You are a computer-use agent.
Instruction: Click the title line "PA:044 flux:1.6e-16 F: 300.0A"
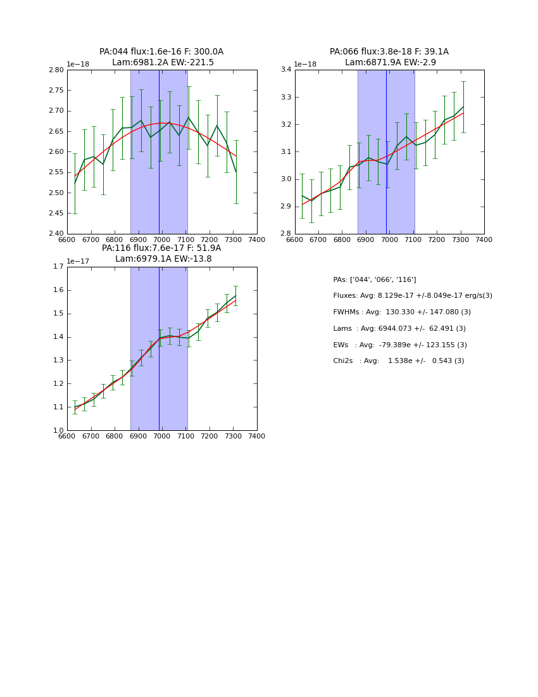(x=161, y=52)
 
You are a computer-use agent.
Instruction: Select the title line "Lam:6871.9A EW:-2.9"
(x=389, y=63)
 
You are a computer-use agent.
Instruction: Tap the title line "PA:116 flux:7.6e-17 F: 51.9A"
(x=161, y=248)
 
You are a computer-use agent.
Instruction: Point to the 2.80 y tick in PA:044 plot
(x=56, y=70)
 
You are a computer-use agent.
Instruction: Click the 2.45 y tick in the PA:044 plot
(x=56, y=213)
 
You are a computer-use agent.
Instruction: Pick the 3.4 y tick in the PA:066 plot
(x=285, y=70)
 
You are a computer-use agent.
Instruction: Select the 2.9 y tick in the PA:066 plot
(x=285, y=207)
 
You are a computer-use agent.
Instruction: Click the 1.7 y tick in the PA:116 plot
(x=58, y=267)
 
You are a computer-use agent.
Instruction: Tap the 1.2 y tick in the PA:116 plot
(x=58, y=384)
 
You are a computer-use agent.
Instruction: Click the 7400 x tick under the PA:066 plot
(x=484, y=240)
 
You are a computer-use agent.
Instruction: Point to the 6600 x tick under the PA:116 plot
(x=67, y=437)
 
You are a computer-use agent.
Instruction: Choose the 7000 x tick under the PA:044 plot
(x=162, y=240)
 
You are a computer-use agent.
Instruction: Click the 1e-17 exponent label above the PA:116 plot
(x=78, y=261)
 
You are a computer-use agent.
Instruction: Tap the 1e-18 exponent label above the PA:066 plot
(x=305, y=65)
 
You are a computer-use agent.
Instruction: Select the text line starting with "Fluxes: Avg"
(x=412, y=296)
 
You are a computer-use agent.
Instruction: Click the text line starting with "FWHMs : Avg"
(x=402, y=312)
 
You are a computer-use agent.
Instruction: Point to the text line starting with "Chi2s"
(x=398, y=361)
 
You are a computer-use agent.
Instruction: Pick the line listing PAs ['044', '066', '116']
(x=374, y=279)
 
